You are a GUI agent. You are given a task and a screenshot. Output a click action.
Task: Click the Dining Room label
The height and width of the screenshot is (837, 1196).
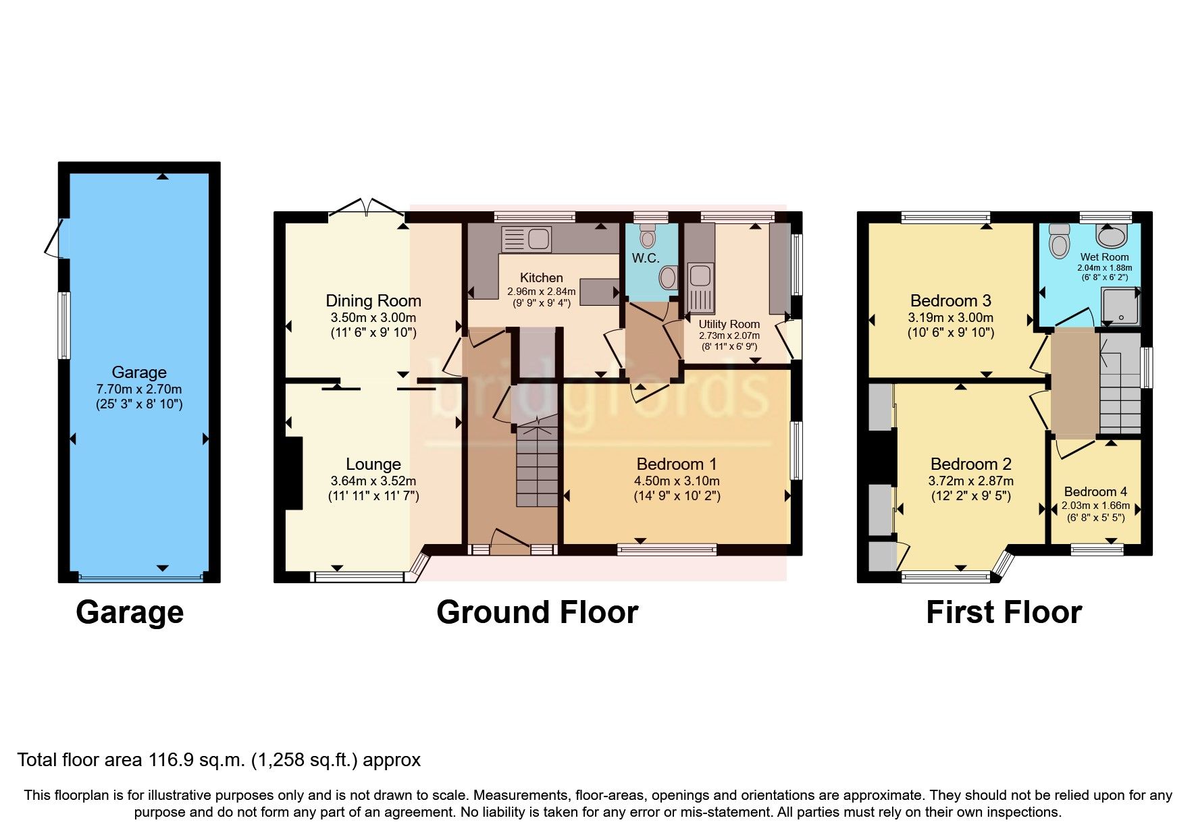[x=373, y=301]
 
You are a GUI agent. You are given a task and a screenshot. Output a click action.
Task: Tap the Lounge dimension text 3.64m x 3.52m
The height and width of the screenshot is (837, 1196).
[x=373, y=481]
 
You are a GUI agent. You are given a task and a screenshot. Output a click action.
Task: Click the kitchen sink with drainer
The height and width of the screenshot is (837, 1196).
[x=527, y=238]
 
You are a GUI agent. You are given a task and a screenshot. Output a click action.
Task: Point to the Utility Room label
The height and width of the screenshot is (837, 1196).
[x=729, y=324]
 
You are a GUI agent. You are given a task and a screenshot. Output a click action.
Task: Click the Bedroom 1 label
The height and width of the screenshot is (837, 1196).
[x=676, y=464]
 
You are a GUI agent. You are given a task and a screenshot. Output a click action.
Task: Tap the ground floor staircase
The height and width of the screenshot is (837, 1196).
[x=537, y=466]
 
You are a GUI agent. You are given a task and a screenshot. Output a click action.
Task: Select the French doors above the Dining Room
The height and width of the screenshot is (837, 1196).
[x=367, y=207]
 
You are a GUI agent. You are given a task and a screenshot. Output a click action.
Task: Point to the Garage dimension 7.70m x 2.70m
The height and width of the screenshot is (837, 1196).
[x=138, y=389]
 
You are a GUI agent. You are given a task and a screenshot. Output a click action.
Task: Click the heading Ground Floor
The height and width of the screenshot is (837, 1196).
[x=537, y=612]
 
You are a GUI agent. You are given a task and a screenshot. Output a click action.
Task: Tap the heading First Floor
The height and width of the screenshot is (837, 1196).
[x=1004, y=612]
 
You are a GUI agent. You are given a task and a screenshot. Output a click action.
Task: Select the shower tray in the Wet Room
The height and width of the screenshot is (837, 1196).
[x=1120, y=306]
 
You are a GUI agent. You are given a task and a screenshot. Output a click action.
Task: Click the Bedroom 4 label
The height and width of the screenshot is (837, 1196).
[x=1095, y=492]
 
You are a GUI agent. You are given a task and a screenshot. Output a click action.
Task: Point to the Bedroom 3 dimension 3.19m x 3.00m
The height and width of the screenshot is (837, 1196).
[x=950, y=318]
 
